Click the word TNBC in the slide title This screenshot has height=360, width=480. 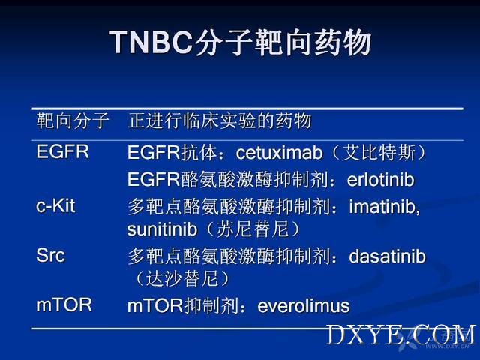[151, 42]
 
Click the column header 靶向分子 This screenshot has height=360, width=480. [73, 120]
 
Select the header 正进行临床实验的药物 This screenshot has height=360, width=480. [220, 120]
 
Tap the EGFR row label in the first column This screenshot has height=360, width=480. [62, 151]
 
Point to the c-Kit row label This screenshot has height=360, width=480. [55, 205]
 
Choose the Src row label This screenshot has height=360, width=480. [50, 255]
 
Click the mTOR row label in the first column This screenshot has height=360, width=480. [64, 305]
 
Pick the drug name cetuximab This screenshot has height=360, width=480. [279, 153]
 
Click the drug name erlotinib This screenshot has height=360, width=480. [380, 180]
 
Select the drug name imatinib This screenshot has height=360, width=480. [384, 207]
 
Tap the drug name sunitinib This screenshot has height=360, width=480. [162, 229]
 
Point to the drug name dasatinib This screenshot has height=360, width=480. [387, 256]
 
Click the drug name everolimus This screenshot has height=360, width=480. [303, 306]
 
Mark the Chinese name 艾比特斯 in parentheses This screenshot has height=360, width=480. [378, 152]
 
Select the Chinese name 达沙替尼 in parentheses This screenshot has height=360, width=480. [182, 278]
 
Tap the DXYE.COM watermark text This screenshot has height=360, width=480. [400, 334]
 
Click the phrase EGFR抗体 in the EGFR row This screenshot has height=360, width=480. [172, 152]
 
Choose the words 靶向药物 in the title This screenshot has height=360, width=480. [313, 42]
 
